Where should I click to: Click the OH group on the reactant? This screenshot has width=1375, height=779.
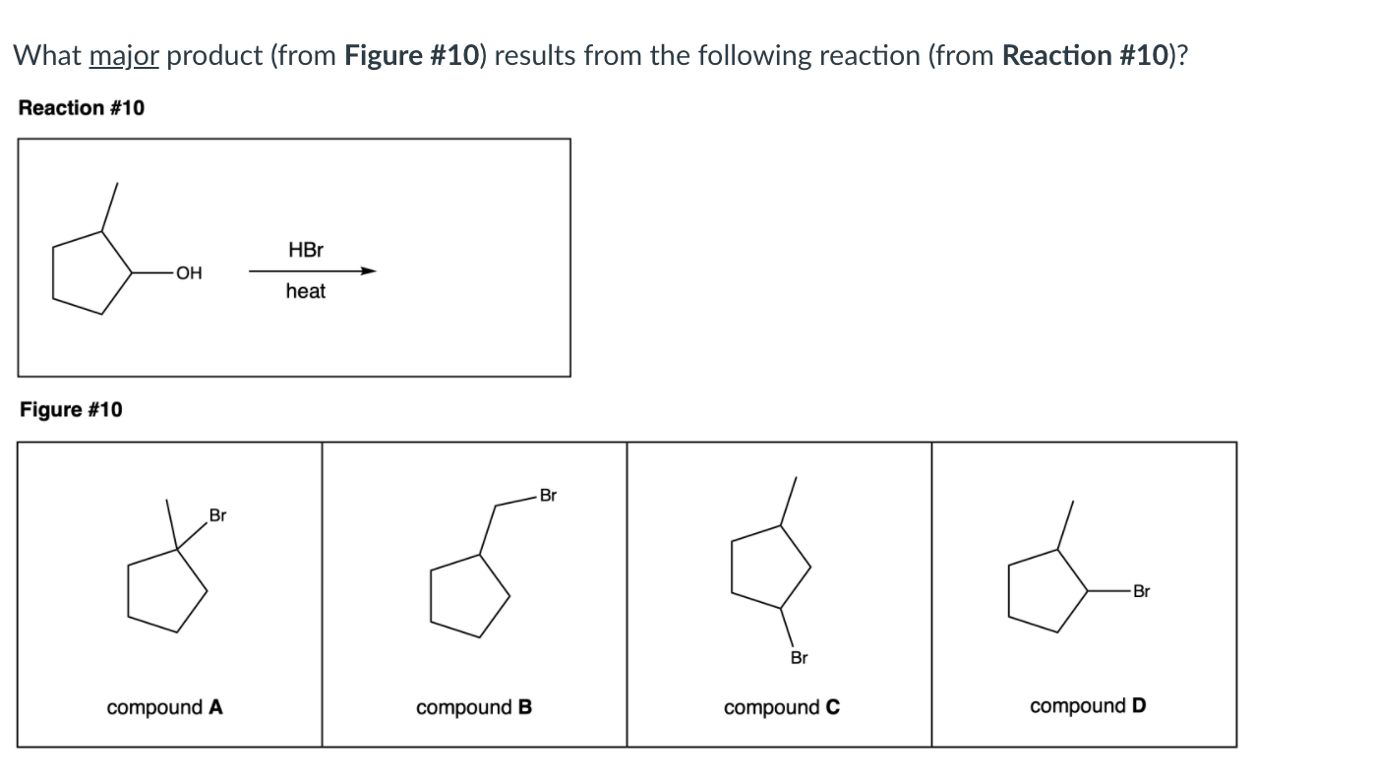187,273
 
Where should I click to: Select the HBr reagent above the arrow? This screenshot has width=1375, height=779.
306,251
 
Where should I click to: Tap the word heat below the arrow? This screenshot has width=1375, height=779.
305,291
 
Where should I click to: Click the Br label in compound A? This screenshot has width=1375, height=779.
217,515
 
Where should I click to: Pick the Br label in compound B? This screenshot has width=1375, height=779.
548,496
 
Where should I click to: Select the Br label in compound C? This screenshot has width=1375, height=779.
799,657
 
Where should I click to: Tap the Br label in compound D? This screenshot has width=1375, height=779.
1140,592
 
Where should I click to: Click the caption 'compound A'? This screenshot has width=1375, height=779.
165,707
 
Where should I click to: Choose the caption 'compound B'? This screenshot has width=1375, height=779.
474,707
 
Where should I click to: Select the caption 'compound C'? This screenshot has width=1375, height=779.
781,707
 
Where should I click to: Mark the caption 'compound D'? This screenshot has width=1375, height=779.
1087,706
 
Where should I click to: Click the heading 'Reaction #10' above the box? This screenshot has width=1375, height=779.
82,107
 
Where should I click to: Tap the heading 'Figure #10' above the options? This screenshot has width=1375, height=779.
72,409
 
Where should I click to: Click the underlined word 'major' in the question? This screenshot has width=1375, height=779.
124,56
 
